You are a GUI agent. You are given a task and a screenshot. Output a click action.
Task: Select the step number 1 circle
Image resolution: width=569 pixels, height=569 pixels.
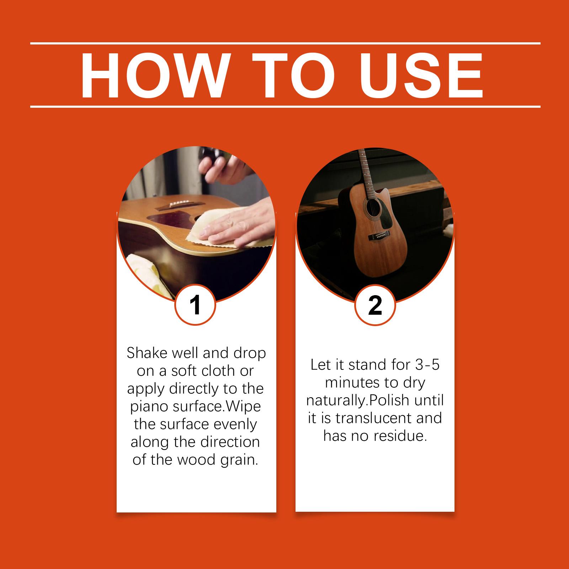[195, 305]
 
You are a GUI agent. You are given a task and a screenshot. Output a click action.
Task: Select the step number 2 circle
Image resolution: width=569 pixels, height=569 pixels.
[375, 305]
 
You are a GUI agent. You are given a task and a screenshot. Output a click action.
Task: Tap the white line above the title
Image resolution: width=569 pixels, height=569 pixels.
[285, 43]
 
